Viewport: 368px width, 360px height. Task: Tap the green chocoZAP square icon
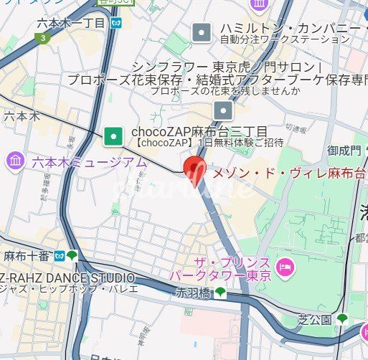[x=113, y=134]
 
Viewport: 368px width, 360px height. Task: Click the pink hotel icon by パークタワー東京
[x=286, y=267]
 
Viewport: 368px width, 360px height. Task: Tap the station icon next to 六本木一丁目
[x=116, y=24]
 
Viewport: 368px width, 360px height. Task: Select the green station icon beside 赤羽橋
[x=221, y=292]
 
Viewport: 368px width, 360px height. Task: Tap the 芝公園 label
[x=315, y=319]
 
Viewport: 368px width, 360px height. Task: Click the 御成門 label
[x=323, y=151]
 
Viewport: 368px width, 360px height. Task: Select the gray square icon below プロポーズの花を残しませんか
[x=225, y=110]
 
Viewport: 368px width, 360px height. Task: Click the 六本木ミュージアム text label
[x=88, y=162]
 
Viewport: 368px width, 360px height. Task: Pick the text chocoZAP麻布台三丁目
[x=199, y=132]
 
